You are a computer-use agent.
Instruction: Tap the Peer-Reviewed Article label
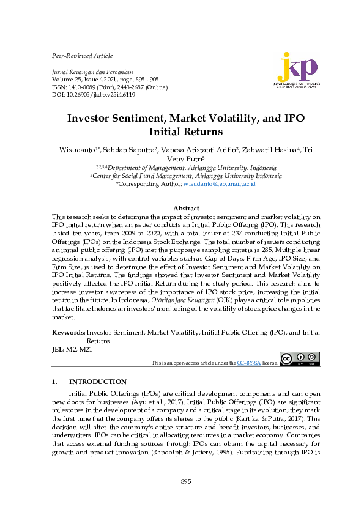(x=83, y=56)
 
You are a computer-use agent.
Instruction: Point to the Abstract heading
(x=186, y=209)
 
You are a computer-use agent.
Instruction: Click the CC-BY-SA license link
(x=249, y=363)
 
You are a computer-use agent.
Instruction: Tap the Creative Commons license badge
(x=299, y=359)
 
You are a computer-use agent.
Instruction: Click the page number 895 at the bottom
(x=186, y=482)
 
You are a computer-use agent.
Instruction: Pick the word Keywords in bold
(x=68, y=332)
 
